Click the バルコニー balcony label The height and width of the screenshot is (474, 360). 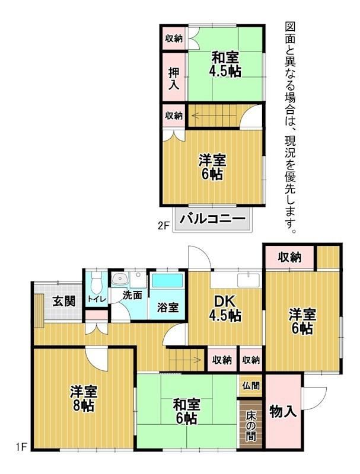(212, 218)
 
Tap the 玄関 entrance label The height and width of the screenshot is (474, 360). (64, 301)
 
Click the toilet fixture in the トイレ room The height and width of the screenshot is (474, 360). (97, 282)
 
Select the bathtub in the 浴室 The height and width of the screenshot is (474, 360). (167, 280)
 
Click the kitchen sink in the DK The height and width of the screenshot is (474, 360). (249, 280)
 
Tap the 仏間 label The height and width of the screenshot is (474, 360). (251, 386)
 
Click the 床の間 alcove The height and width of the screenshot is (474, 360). (251, 424)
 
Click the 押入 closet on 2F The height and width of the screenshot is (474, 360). (174, 78)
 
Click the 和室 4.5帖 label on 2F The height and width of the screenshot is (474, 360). (225, 65)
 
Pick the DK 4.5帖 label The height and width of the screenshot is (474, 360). (225, 308)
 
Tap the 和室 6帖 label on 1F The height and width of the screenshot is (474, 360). (186, 411)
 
